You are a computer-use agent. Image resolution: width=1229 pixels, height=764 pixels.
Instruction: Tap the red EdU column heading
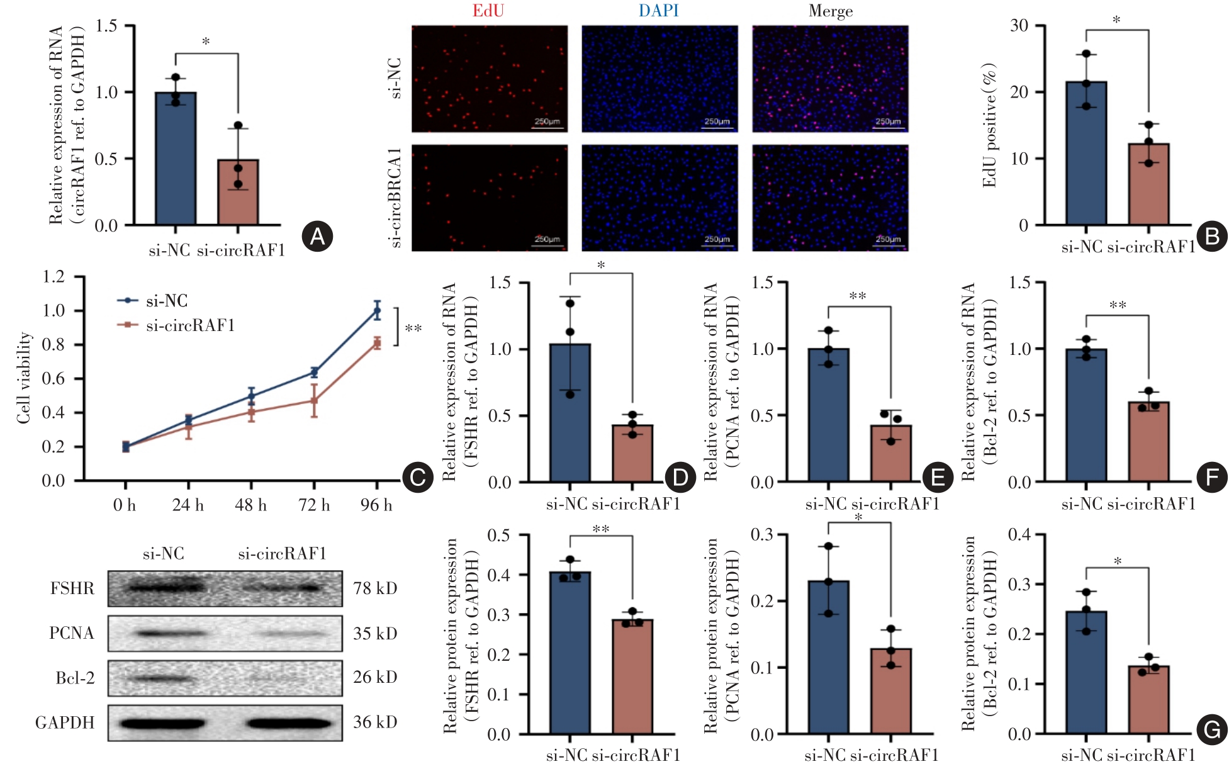coord(488,11)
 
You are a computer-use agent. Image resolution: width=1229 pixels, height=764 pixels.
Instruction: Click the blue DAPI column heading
coord(658,11)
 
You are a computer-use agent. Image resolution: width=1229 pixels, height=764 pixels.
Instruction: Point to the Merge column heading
coord(831,11)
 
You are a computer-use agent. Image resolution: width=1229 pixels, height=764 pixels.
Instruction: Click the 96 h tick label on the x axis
coord(376,505)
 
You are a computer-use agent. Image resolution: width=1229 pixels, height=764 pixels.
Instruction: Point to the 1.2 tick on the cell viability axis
coord(53,276)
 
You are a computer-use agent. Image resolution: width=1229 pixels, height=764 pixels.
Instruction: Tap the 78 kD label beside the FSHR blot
coord(375,588)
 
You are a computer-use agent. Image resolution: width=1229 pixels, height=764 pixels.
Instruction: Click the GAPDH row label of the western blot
coord(65,722)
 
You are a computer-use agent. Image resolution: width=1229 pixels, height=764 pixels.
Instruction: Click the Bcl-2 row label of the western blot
coord(75,678)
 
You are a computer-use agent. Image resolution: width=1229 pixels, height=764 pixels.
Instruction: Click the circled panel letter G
coord(1211,730)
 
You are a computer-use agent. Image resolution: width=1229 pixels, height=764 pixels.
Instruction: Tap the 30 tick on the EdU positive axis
coord(1019,26)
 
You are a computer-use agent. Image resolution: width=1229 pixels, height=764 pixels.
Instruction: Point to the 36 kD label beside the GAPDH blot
coord(375,722)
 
